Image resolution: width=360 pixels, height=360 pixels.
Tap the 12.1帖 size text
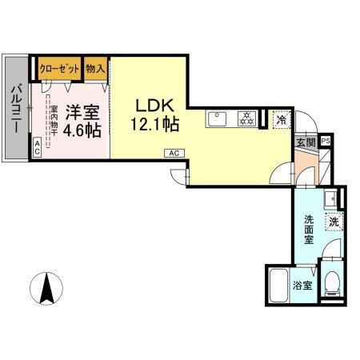[x=154, y=125]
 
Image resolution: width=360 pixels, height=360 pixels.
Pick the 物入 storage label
[x=95, y=68]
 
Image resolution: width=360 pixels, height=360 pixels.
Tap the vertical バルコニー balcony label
[x=14, y=107]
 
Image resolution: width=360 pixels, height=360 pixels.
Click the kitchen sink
[x=218, y=120]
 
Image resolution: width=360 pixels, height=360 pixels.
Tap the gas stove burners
[x=246, y=120]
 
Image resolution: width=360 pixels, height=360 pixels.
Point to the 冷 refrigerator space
[x=281, y=119]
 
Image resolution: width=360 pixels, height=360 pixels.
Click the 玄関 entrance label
[x=306, y=142]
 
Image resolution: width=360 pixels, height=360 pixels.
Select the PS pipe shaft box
[x=325, y=142]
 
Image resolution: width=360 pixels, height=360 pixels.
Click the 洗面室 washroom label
[x=309, y=228]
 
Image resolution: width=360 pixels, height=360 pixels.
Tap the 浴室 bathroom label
[x=302, y=286]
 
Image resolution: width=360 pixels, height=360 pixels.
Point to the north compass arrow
[x=47, y=288]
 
